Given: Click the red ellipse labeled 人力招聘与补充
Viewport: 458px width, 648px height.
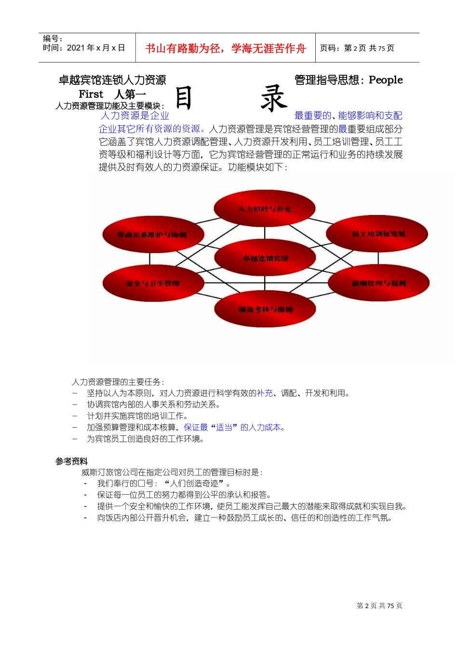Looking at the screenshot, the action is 265,209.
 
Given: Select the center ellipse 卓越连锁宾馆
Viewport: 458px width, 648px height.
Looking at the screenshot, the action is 265,258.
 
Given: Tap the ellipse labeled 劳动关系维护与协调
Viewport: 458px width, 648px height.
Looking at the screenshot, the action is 153,235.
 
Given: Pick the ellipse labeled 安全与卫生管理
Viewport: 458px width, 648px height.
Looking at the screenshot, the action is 153,283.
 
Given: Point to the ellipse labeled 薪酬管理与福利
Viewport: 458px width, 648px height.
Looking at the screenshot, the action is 378,283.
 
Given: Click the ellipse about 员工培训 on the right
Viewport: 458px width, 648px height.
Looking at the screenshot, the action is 377,234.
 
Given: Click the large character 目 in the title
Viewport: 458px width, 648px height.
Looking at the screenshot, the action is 184,98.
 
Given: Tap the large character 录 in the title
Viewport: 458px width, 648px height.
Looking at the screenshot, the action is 274,98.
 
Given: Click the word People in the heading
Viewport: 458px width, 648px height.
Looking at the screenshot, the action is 386,80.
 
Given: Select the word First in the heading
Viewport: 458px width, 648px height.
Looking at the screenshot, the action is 91,94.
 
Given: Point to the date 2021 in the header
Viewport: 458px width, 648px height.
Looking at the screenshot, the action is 76,48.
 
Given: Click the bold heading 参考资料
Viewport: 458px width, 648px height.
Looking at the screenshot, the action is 71,461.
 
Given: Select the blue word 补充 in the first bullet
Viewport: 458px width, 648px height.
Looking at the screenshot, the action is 265,393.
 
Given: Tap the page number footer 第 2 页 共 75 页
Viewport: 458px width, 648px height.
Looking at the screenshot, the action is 379,606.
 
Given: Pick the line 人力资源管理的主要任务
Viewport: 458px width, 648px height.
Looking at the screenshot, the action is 118,382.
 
